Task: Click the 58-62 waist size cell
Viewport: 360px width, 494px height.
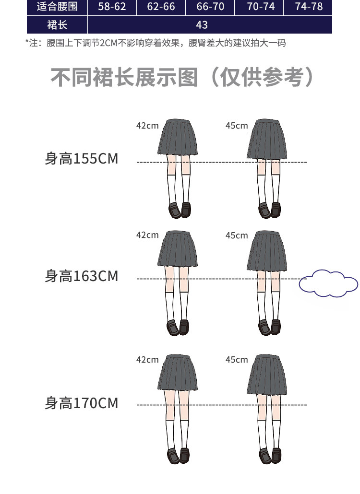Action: click(x=112, y=7)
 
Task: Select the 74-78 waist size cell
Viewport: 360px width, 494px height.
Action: click(x=309, y=7)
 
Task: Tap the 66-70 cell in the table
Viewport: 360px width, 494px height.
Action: click(x=210, y=7)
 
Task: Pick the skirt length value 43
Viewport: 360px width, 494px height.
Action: click(x=202, y=25)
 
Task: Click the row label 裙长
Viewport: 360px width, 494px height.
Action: click(x=57, y=25)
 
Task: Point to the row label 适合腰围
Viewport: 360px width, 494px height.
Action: click(x=57, y=7)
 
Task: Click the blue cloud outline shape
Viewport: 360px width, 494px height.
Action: click(x=329, y=283)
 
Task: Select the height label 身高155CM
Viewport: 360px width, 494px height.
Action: click(x=81, y=158)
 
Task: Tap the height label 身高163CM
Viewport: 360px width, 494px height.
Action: click(x=81, y=276)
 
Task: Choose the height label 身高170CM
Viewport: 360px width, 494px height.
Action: click(x=81, y=403)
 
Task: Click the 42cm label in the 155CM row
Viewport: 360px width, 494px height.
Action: click(x=147, y=126)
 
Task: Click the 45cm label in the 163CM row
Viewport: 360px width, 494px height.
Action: click(x=237, y=235)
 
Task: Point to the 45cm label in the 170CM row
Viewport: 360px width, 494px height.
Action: click(x=237, y=360)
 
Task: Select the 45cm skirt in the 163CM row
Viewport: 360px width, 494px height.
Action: click(x=267, y=251)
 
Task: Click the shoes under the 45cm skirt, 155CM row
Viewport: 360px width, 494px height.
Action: click(x=269, y=210)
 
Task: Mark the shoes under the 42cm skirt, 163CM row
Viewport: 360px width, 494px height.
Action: click(x=178, y=327)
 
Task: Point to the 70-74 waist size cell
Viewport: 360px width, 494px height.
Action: click(x=260, y=7)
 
